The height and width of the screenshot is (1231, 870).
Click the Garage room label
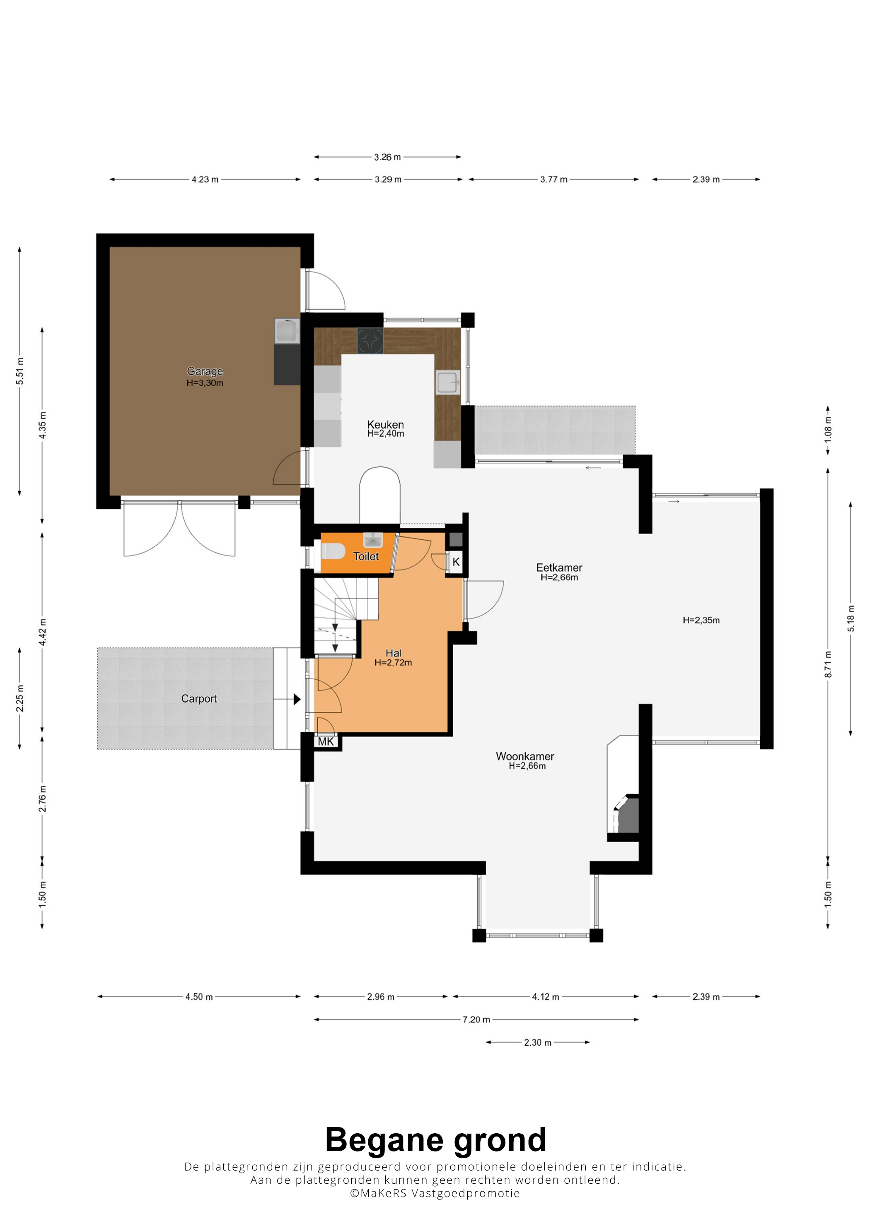(x=205, y=371)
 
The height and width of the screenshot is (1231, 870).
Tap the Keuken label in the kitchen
(x=385, y=425)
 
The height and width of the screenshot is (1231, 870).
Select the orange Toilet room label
(x=366, y=556)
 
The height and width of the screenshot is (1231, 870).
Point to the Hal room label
(x=394, y=653)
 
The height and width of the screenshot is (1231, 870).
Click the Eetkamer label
(x=559, y=567)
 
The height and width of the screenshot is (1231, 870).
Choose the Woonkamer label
(x=525, y=756)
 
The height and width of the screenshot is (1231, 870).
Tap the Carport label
(x=199, y=699)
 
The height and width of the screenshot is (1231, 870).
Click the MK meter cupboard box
(x=326, y=742)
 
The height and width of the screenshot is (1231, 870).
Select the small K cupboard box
(x=456, y=562)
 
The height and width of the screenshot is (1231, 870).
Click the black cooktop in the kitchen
(x=370, y=341)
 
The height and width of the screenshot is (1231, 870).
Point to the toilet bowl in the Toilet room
(x=332, y=551)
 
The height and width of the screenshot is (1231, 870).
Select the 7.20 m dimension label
(x=476, y=1019)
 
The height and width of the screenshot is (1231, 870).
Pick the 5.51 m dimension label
(x=20, y=370)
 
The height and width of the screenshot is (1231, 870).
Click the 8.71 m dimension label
(x=828, y=664)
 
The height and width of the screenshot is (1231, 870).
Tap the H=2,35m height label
(x=701, y=620)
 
